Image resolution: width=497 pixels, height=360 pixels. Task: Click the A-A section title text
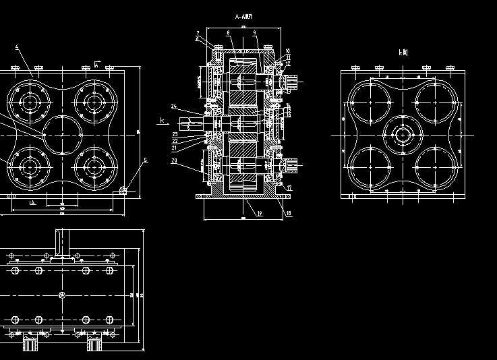(243, 16)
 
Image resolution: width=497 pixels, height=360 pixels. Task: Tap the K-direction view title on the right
(403, 52)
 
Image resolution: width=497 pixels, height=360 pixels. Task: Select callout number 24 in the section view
(173, 107)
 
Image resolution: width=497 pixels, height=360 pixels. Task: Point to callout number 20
(174, 161)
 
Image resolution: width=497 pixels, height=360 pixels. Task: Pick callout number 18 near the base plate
(289, 214)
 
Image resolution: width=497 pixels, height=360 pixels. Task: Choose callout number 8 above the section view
(229, 32)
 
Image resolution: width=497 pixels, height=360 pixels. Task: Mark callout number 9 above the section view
(255, 32)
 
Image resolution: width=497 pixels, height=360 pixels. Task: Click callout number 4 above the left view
(17, 48)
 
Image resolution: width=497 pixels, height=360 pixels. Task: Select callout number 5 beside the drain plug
(144, 160)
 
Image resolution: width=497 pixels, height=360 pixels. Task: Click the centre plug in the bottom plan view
(62, 295)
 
